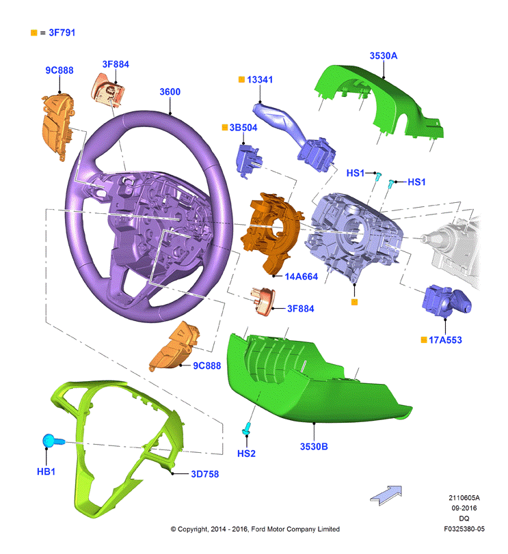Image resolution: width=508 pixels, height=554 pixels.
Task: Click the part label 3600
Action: pos(170,92)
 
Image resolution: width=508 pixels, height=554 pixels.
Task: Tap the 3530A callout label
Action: pos(384,56)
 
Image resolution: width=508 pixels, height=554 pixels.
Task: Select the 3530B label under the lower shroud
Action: pos(314,447)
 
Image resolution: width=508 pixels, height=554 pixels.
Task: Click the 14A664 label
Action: pos(302,276)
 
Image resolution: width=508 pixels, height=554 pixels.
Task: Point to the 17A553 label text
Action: pos(445,340)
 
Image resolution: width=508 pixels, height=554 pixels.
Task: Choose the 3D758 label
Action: pos(205,474)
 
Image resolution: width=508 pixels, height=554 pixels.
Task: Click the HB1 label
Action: pos(46,471)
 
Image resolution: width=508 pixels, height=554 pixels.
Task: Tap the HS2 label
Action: pos(246,454)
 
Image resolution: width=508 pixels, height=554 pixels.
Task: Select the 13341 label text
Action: pos(260,79)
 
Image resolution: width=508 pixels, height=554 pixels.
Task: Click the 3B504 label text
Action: pos(243,128)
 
